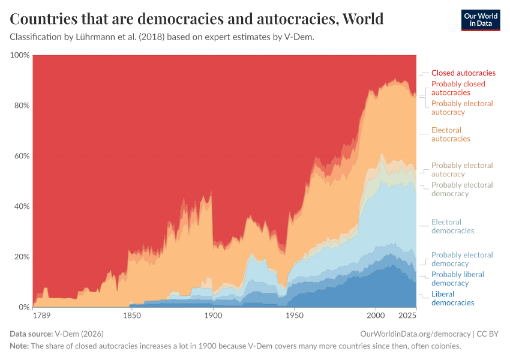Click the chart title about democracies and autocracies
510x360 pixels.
point(197,19)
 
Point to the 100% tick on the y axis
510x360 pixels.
point(20,55)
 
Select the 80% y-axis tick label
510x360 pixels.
point(21,106)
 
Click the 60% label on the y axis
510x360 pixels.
point(21,156)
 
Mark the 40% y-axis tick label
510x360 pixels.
point(21,206)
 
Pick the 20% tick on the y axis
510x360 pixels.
point(21,257)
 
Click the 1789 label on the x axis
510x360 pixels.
point(41,316)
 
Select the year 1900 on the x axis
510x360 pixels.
point(212,316)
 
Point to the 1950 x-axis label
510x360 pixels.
point(294,316)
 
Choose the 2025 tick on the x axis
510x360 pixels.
point(407,316)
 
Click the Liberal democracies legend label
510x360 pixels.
point(452,298)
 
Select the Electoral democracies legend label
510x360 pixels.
point(452,226)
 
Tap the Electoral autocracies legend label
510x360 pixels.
point(451,134)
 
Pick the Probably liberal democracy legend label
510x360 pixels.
point(457,278)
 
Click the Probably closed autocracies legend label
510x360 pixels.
point(458,88)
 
